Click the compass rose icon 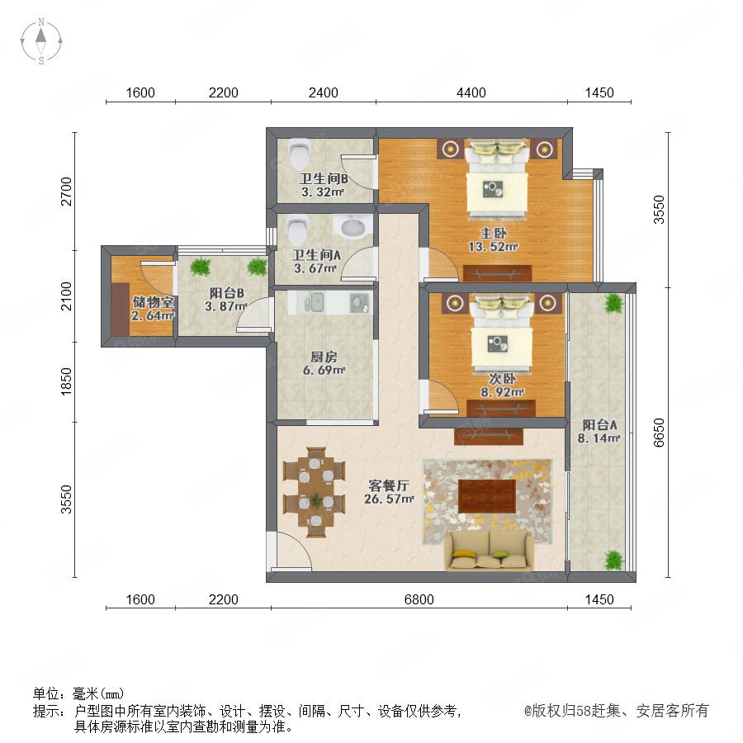(x=41, y=41)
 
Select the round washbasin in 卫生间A (x=353, y=226)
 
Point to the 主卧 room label (x=494, y=233)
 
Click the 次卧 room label (x=502, y=379)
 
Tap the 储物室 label (x=153, y=302)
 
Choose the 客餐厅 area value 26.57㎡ (x=389, y=499)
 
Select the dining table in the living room (x=315, y=492)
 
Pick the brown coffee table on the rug (x=486, y=496)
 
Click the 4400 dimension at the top (x=471, y=92)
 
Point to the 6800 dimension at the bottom (x=419, y=599)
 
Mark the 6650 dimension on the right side (x=659, y=432)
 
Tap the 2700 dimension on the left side (x=66, y=192)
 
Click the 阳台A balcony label (x=599, y=424)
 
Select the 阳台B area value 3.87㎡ (x=226, y=306)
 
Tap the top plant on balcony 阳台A (x=613, y=303)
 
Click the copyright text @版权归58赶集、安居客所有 (x=616, y=710)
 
